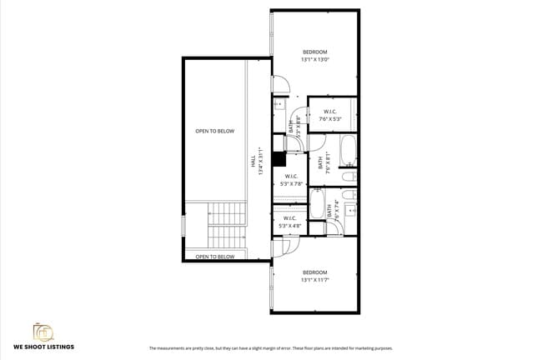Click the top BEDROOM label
pos(315,52)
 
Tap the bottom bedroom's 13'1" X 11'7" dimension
pos(315,280)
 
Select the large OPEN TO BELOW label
pos(214,131)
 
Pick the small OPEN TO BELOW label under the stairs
pos(214,257)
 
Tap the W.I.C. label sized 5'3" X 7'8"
pos(291,176)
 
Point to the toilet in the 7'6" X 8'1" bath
pos(351,177)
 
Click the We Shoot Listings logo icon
pos(43,332)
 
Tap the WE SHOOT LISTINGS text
pos(43,347)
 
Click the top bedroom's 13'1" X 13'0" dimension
pos(315,59)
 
